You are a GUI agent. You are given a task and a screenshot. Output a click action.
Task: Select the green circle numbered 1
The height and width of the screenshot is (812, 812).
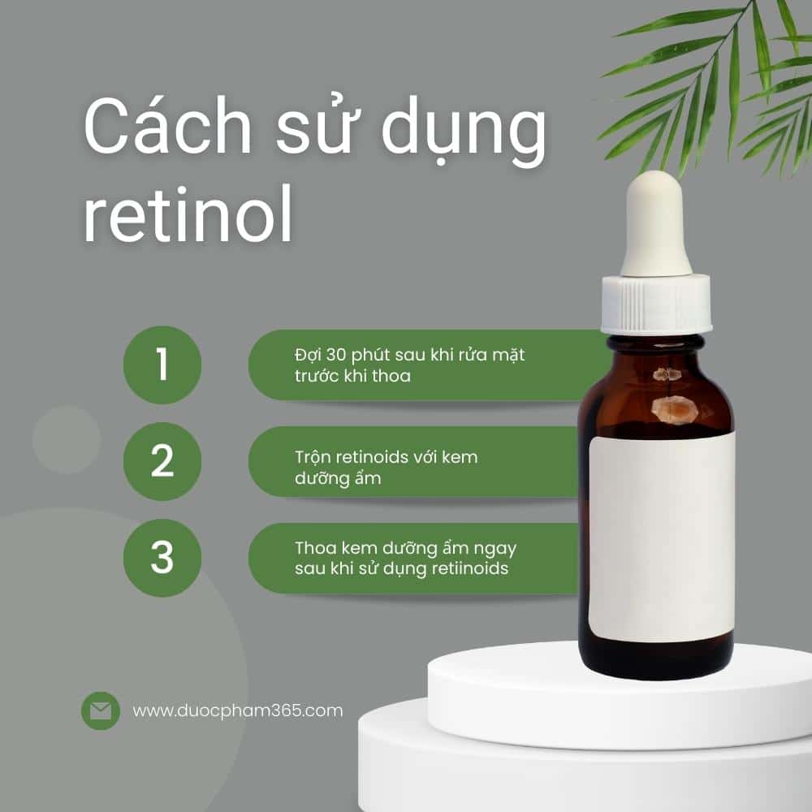pos(162,365)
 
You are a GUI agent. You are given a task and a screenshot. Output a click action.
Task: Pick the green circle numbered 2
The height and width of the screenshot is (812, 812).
pos(162,461)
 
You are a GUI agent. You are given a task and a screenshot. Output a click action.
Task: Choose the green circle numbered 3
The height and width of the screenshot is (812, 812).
pos(162,558)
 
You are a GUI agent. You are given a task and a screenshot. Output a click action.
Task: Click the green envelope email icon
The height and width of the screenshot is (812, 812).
pos(101,710)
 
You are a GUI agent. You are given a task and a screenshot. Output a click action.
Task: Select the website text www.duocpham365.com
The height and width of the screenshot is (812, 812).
pos(238,710)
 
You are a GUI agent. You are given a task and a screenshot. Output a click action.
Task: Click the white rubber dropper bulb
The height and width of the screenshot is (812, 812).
pos(656,223)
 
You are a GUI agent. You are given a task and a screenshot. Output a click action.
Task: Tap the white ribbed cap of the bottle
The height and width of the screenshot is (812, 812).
pos(656,304)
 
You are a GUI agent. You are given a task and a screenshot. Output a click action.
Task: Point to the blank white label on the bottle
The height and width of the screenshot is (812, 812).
pos(662,536)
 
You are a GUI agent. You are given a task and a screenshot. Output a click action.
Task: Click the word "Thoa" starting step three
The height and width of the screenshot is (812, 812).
pos(313,548)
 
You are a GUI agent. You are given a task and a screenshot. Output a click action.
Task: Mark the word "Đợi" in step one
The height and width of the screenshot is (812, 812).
pos(308,356)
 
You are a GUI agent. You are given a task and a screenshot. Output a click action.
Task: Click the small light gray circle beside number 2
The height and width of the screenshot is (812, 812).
pos(67,439)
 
